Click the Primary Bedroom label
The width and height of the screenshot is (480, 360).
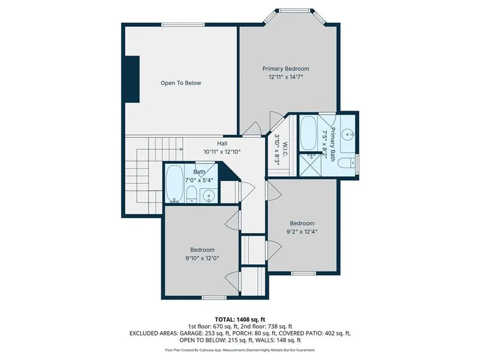(286, 69)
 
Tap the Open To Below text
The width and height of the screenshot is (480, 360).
(181, 83)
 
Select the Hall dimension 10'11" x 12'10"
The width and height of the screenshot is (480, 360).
(222, 152)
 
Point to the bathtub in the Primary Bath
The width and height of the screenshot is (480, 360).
(308, 133)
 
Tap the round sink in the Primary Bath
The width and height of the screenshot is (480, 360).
(348, 134)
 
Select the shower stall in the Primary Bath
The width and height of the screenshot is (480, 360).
(310, 165)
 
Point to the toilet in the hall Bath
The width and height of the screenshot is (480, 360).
(191, 194)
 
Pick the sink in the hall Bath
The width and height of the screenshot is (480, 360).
(208, 195)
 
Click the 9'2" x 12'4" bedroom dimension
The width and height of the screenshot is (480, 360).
(302, 231)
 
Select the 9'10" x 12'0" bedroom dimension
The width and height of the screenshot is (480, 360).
(202, 258)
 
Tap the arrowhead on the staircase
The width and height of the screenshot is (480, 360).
(181, 149)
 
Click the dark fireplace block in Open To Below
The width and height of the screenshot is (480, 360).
(132, 79)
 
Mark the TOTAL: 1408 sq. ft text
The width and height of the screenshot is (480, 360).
(240, 320)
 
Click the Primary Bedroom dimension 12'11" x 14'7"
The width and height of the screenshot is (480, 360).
(286, 77)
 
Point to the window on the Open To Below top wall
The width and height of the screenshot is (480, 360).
(183, 24)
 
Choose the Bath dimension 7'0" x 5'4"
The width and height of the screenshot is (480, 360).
(199, 180)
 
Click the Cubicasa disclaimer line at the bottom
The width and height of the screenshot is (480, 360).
(240, 350)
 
